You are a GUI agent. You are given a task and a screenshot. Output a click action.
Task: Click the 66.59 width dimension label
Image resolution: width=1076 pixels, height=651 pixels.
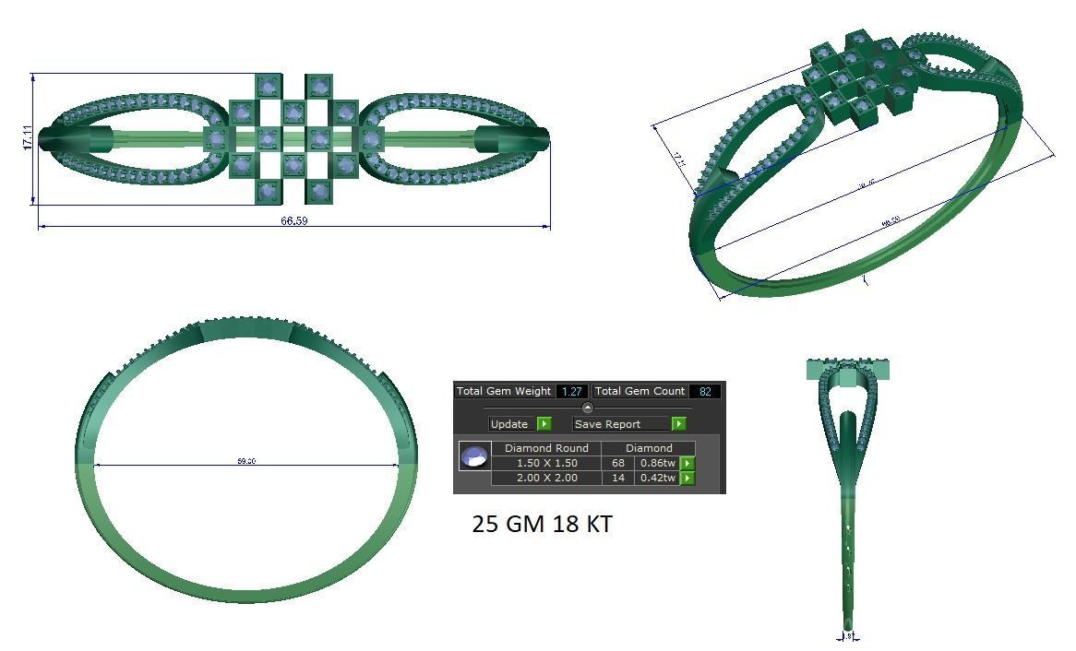pos(294,221)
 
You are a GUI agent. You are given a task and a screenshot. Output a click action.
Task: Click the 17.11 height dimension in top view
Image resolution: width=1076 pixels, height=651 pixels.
pos(28,137)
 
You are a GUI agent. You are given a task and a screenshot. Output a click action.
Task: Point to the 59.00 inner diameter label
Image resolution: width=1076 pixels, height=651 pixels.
pos(246,461)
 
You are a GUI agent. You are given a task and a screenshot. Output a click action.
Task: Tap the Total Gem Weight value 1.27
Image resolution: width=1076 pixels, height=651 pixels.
pos(571,392)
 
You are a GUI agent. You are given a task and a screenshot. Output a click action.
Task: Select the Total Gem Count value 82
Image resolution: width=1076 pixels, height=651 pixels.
pos(705,392)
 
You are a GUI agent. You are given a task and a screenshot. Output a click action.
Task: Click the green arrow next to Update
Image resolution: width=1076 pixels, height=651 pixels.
pos(544,424)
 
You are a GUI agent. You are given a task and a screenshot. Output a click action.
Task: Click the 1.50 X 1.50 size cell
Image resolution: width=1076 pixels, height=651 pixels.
pos(546,463)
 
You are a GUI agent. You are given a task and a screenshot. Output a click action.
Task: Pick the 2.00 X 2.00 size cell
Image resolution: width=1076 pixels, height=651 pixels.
pos(546,478)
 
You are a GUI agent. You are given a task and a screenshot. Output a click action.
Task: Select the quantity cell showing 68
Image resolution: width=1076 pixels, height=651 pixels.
pos(617,463)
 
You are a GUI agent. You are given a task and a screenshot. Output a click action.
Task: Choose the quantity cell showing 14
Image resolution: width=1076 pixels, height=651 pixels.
pos(617,478)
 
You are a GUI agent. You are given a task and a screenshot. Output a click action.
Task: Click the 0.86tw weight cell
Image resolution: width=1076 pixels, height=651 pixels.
pos(657,463)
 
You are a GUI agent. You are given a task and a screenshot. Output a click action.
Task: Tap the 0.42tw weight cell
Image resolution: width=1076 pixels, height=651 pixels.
pos(657,478)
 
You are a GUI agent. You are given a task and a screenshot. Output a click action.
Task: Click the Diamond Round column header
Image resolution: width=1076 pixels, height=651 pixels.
pos(546,448)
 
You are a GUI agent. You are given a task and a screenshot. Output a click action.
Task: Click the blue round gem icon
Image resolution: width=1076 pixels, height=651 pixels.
pos(474,456)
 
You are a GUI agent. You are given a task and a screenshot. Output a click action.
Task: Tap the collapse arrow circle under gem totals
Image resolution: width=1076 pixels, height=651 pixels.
pos(588,408)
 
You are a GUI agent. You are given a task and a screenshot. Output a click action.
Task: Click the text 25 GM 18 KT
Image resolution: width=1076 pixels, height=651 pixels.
pos(542,525)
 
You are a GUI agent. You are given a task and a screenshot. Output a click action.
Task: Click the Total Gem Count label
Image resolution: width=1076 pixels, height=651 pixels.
pos(640,392)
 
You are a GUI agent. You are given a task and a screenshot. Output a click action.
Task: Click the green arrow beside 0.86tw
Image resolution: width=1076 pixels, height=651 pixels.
pos(687,463)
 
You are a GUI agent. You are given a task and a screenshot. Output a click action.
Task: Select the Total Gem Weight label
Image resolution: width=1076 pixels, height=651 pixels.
pos(504,392)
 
